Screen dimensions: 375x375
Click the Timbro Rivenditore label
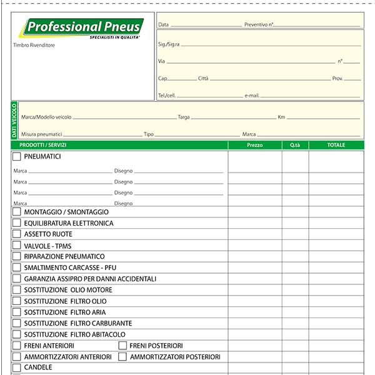coord(34,45)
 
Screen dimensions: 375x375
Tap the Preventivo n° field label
coord(259,24)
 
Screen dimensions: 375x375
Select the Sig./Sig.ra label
coord(169,44)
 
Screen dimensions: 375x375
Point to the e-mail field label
coord(252,96)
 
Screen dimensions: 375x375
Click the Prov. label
coord(337,79)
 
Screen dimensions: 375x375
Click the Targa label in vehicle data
coord(184,117)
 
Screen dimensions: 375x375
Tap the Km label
coord(281,117)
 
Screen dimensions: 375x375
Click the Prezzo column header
coord(255,145)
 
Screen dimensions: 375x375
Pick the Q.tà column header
coord(295,145)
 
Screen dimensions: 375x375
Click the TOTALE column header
coord(336,145)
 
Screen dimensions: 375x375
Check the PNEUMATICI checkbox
coord(17,156)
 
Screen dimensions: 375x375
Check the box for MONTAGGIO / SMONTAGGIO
coord(17,212)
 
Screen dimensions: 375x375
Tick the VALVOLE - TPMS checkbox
coord(17,246)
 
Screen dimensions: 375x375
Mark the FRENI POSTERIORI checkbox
coord(122,346)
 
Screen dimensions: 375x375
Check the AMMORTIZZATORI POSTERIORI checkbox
coord(122,357)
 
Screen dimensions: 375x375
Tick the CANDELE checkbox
coord(17,367)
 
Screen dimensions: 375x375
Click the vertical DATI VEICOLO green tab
coord(14,121)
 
